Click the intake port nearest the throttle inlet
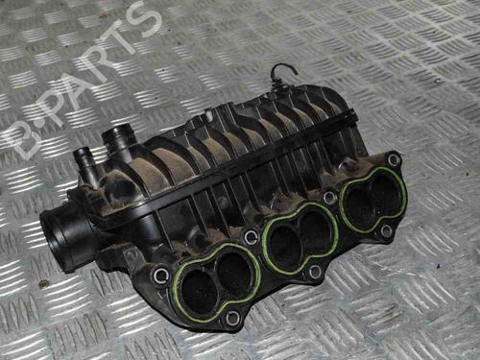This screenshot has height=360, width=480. [x=197, y=279]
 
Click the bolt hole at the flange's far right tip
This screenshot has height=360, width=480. [x=394, y=158]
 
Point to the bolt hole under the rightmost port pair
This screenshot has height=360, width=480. [x=386, y=230]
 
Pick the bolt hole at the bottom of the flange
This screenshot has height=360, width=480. [x=231, y=318]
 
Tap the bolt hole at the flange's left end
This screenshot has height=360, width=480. [x=161, y=276]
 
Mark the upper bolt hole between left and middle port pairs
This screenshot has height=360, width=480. [x=251, y=236]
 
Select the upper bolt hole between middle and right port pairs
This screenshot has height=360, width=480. [x=329, y=198]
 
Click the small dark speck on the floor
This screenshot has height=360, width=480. [x=42, y=284]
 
